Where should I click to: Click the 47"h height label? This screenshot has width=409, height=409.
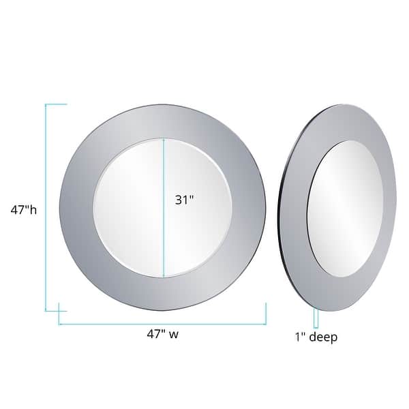[23, 210]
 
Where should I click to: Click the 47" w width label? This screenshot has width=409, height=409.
[162, 334]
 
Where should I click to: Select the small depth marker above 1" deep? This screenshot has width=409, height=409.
[316, 318]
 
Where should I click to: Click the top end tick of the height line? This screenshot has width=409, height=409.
[56, 104]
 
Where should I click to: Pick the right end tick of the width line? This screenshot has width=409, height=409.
[265, 314]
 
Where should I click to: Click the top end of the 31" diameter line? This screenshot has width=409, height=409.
[164, 140]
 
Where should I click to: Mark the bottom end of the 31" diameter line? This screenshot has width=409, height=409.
[164, 276]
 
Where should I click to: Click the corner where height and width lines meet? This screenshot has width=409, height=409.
[46, 311]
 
